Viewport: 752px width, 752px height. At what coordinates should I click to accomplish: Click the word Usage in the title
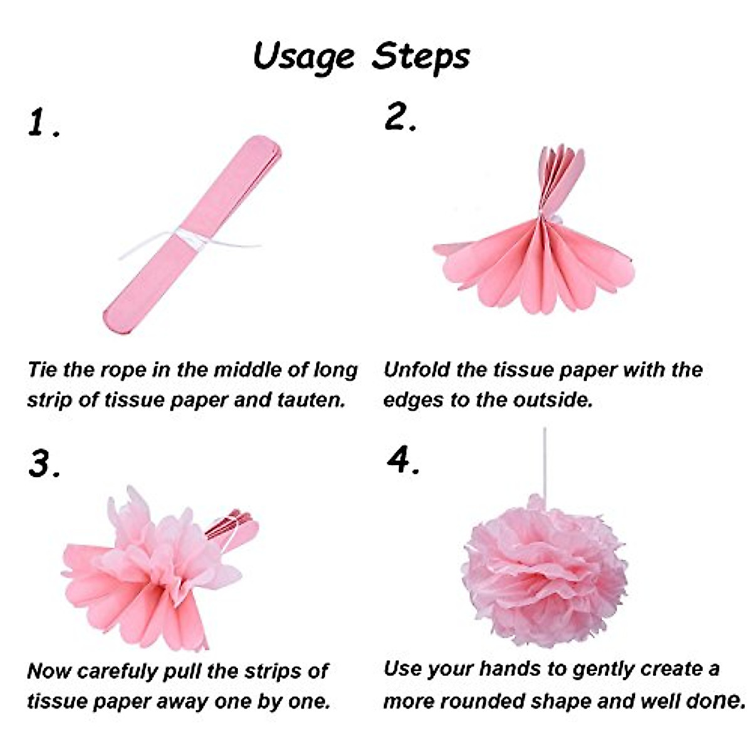coord(303,56)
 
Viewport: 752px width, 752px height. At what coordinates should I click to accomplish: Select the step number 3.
coord(43,464)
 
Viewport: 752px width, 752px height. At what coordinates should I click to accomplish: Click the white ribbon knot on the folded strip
coord(188,237)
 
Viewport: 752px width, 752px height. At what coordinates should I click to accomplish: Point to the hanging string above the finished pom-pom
coord(545,464)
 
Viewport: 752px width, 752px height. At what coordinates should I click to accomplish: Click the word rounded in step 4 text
coord(485,699)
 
